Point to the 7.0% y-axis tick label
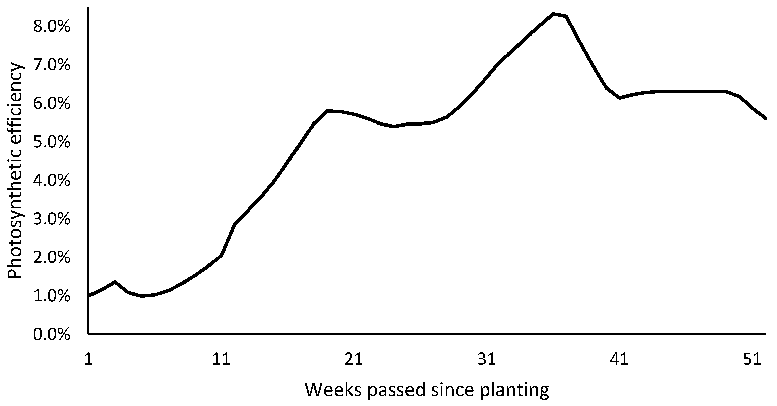pyautogui.click(x=52, y=65)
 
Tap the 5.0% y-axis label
pyautogui.click(x=52, y=142)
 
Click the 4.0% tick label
pyautogui.click(x=52, y=181)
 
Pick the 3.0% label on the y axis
pyautogui.click(x=52, y=219)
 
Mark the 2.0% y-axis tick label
pyautogui.click(x=52, y=258)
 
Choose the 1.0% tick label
pyautogui.click(x=52, y=296)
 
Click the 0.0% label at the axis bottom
pyautogui.click(x=52, y=335)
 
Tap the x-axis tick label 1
pyautogui.click(x=88, y=360)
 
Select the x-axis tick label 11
pyautogui.click(x=221, y=360)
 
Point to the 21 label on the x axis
pyautogui.click(x=354, y=360)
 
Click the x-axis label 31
pyautogui.click(x=487, y=360)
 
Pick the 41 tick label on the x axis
pyautogui.click(x=619, y=360)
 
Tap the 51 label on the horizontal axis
pyautogui.click(x=752, y=360)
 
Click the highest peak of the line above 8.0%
pyautogui.click(x=553, y=14)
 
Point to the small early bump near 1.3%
pyautogui.click(x=115, y=282)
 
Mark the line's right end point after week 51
pyautogui.click(x=765, y=118)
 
